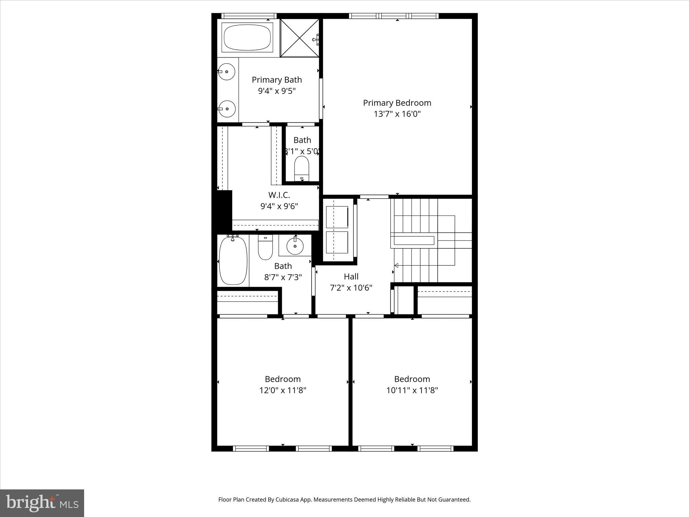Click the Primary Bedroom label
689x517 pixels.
click(397, 103)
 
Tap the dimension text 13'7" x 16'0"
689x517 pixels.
click(397, 114)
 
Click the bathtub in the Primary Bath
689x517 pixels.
click(247, 37)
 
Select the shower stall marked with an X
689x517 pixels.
click(299, 38)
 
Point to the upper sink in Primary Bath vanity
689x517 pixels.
click(226, 71)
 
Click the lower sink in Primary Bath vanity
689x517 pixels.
click(226, 109)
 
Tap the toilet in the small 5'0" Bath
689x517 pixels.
click(302, 168)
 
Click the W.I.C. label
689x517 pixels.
click(279, 195)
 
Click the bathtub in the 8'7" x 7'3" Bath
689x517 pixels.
click(233, 261)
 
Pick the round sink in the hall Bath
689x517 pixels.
click(295, 246)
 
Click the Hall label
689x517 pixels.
click(351, 277)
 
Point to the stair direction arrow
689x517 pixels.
click(397, 266)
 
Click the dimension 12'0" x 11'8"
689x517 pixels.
click(283, 390)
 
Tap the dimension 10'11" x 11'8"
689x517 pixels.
click(412, 390)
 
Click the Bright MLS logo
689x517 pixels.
click(42, 503)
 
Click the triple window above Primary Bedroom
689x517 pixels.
click(394, 16)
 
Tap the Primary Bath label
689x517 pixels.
click(277, 80)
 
